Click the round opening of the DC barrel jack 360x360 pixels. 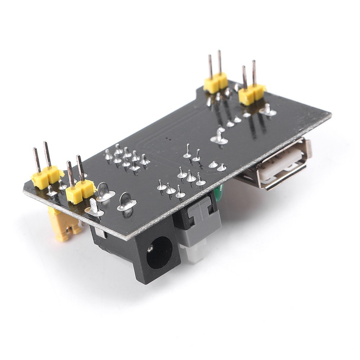click(x=159, y=252)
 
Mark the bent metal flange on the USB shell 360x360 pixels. click(x=308, y=148)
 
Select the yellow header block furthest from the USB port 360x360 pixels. click(x=46, y=177)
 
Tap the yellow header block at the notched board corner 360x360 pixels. click(x=216, y=82)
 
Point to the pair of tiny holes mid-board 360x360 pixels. click(x=168, y=138)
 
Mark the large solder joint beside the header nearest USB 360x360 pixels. click(x=267, y=110)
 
